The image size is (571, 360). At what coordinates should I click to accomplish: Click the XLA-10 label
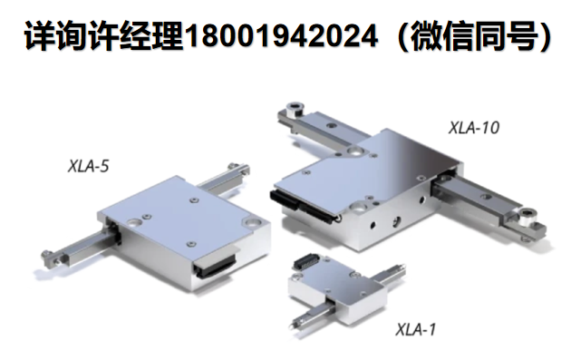(474, 128)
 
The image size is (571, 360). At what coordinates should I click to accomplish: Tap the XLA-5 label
(89, 167)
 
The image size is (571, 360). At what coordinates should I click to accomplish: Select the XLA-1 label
(415, 329)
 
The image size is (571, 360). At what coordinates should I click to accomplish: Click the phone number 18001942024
(281, 36)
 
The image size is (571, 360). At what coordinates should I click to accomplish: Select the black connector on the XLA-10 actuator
(305, 206)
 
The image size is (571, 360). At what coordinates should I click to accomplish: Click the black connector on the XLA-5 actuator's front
(215, 267)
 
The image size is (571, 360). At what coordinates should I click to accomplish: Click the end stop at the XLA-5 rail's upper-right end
(238, 169)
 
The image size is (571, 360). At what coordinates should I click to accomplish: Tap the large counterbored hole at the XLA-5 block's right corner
(253, 222)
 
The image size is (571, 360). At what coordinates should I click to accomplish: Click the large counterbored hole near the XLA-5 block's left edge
(133, 222)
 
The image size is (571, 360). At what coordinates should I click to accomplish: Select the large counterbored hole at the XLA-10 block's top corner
(354, 151)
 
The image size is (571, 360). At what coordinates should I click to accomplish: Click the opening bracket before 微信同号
(400, 36)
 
